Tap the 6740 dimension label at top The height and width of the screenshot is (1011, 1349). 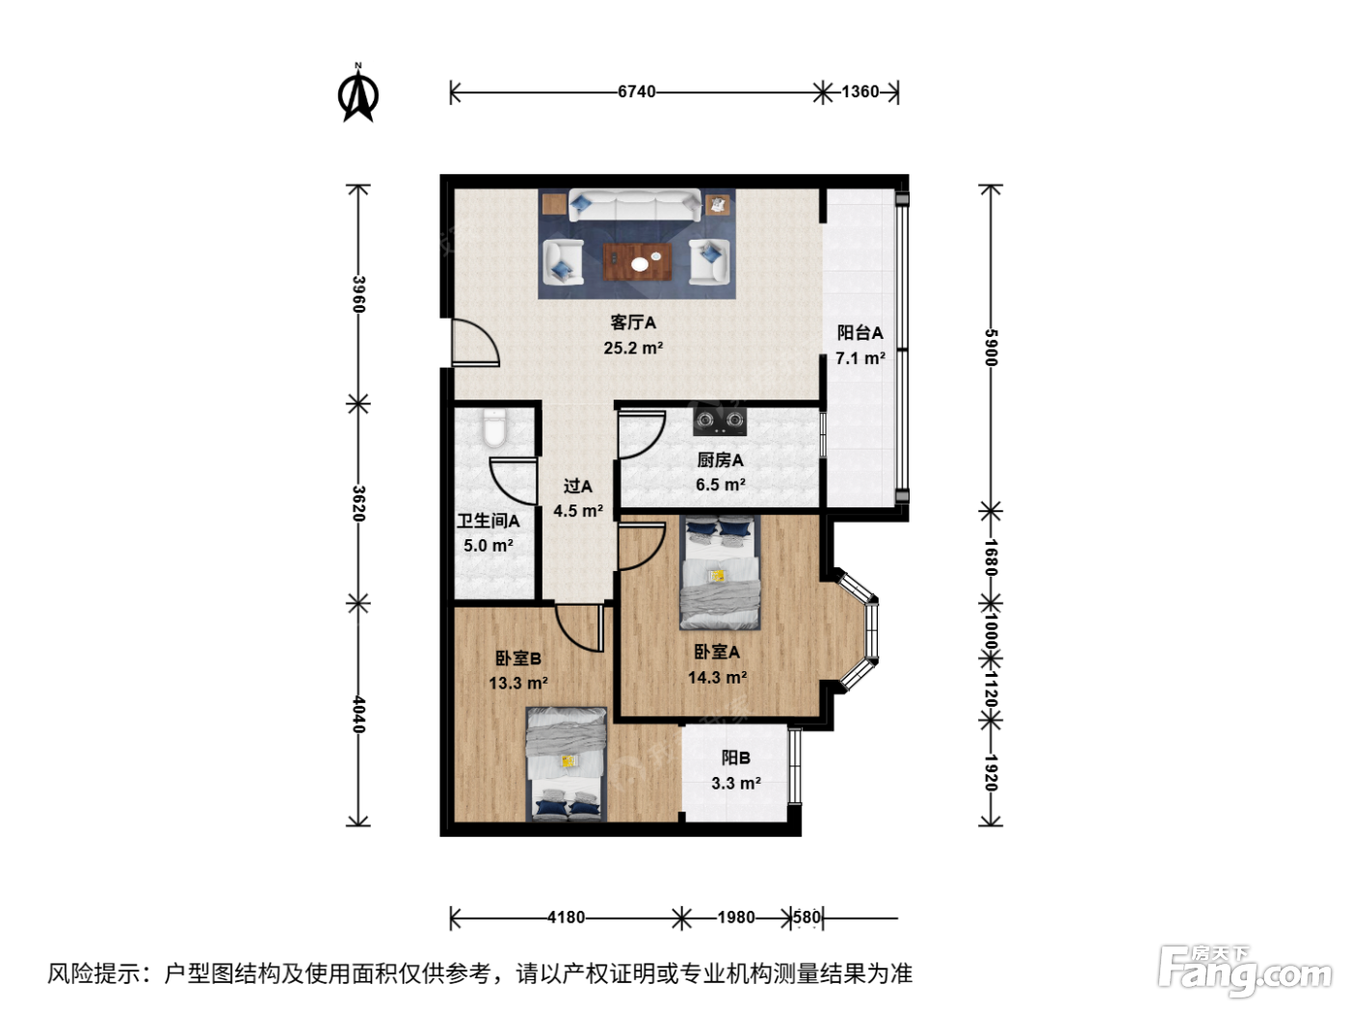pyautogui.click(x=637, y=92)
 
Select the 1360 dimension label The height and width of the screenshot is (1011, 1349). pyautogui.click(x=860, y=92)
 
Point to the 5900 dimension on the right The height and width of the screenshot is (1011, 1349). pyautogui.click(x=991, y=348)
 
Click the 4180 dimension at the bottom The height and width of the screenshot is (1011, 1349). pyautogui.click(x=566, y=918)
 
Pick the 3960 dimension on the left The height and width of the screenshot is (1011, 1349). pyautogui.click(x=358, y=295)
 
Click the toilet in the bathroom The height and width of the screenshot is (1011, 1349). pyautogui.click(x=494, y=428)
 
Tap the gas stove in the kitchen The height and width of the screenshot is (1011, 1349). pyautogui.click(x=720, y=421)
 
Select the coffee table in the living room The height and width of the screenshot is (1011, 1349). pyautogui.click(x=637, y=262)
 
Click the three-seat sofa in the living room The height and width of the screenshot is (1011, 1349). pyautogui.click(x=634, y=205)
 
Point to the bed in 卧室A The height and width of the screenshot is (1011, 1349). pyautogui.click(x=720, y=572)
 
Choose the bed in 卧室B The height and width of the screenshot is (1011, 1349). pyautogui.click(x=566, y=765)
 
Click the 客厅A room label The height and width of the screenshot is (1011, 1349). pyautogui.click(x=633, y=323)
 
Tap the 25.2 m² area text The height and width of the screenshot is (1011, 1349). pyautogui.click(x=633, y=348)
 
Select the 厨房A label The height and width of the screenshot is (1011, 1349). pyautogui.click(x=720, y=460)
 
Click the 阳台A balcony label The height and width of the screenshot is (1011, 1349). pyautogui.click(x=860, y=333)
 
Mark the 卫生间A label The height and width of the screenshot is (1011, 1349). pyautogui.click(x=488, y=521)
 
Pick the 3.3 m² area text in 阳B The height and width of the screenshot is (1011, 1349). pyautogui.click(x=735, y=783)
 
